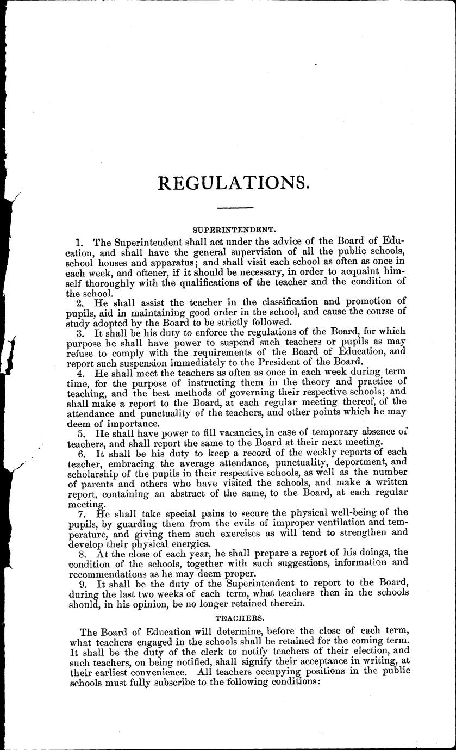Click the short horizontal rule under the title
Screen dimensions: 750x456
pos(235,208)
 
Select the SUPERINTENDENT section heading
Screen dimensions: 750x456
pos(235,231)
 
